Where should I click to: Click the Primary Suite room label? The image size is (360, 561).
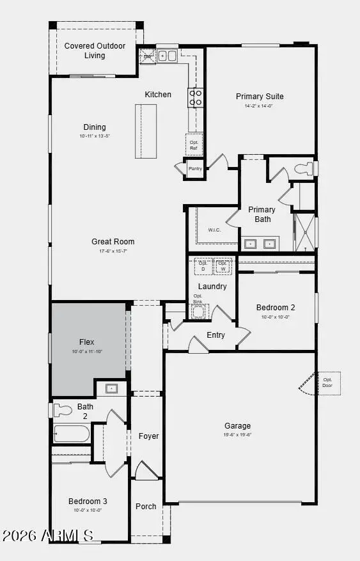260,97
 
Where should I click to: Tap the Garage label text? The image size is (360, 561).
237,426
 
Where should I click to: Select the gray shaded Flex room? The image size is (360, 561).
88,349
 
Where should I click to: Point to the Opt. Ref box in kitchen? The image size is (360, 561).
194,145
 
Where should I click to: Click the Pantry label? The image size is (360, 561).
195,170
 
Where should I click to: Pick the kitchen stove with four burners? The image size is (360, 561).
195,97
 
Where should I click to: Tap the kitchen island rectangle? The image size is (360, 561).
146,130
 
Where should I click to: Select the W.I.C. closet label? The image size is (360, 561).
215,230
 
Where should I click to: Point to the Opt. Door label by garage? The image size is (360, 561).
328,383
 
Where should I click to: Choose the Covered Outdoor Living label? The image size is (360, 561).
95,51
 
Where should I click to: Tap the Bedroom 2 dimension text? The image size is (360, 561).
276,317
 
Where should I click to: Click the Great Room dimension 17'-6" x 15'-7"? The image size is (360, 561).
113,251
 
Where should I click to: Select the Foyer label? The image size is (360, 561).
148,436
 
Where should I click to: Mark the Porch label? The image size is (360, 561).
146,507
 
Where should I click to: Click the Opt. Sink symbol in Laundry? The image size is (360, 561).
199,309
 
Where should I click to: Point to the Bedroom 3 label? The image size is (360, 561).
88,501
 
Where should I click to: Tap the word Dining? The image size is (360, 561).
95,127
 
